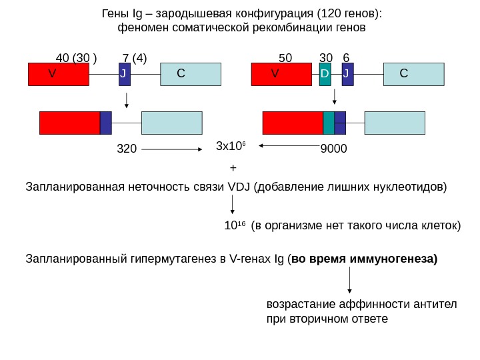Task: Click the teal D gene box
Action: pyautogui.click(x=325, y=75)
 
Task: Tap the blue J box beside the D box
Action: pyautogui.click(x=346, y=75)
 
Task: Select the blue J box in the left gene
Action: pyautogui.click(x=124, y=75)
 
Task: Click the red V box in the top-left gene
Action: pyautogui.click(x=58, y=75)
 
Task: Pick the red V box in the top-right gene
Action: pyautogui.click(x=281, y=75)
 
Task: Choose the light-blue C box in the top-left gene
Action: pyautogui.click(x=191, y=75)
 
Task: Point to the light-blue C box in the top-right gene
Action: pyautogui.click(x=414, y=75)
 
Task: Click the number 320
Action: pyautogui.click(x=126, y=149)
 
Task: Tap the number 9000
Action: pyautogui.click(x=333, y=149)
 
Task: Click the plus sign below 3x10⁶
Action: pyautogui.click(x=232, y=167)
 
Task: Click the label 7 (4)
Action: pyautogui.click(x=136, y=58)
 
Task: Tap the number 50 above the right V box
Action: pyautogui.click(x=285, y=58)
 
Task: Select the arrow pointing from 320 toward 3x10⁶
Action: pyautogui.click(x=173, y=149)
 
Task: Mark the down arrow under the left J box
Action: pyautogui.click(x=127, y=99)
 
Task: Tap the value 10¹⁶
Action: pyautogui.click(x=231, y=225)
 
